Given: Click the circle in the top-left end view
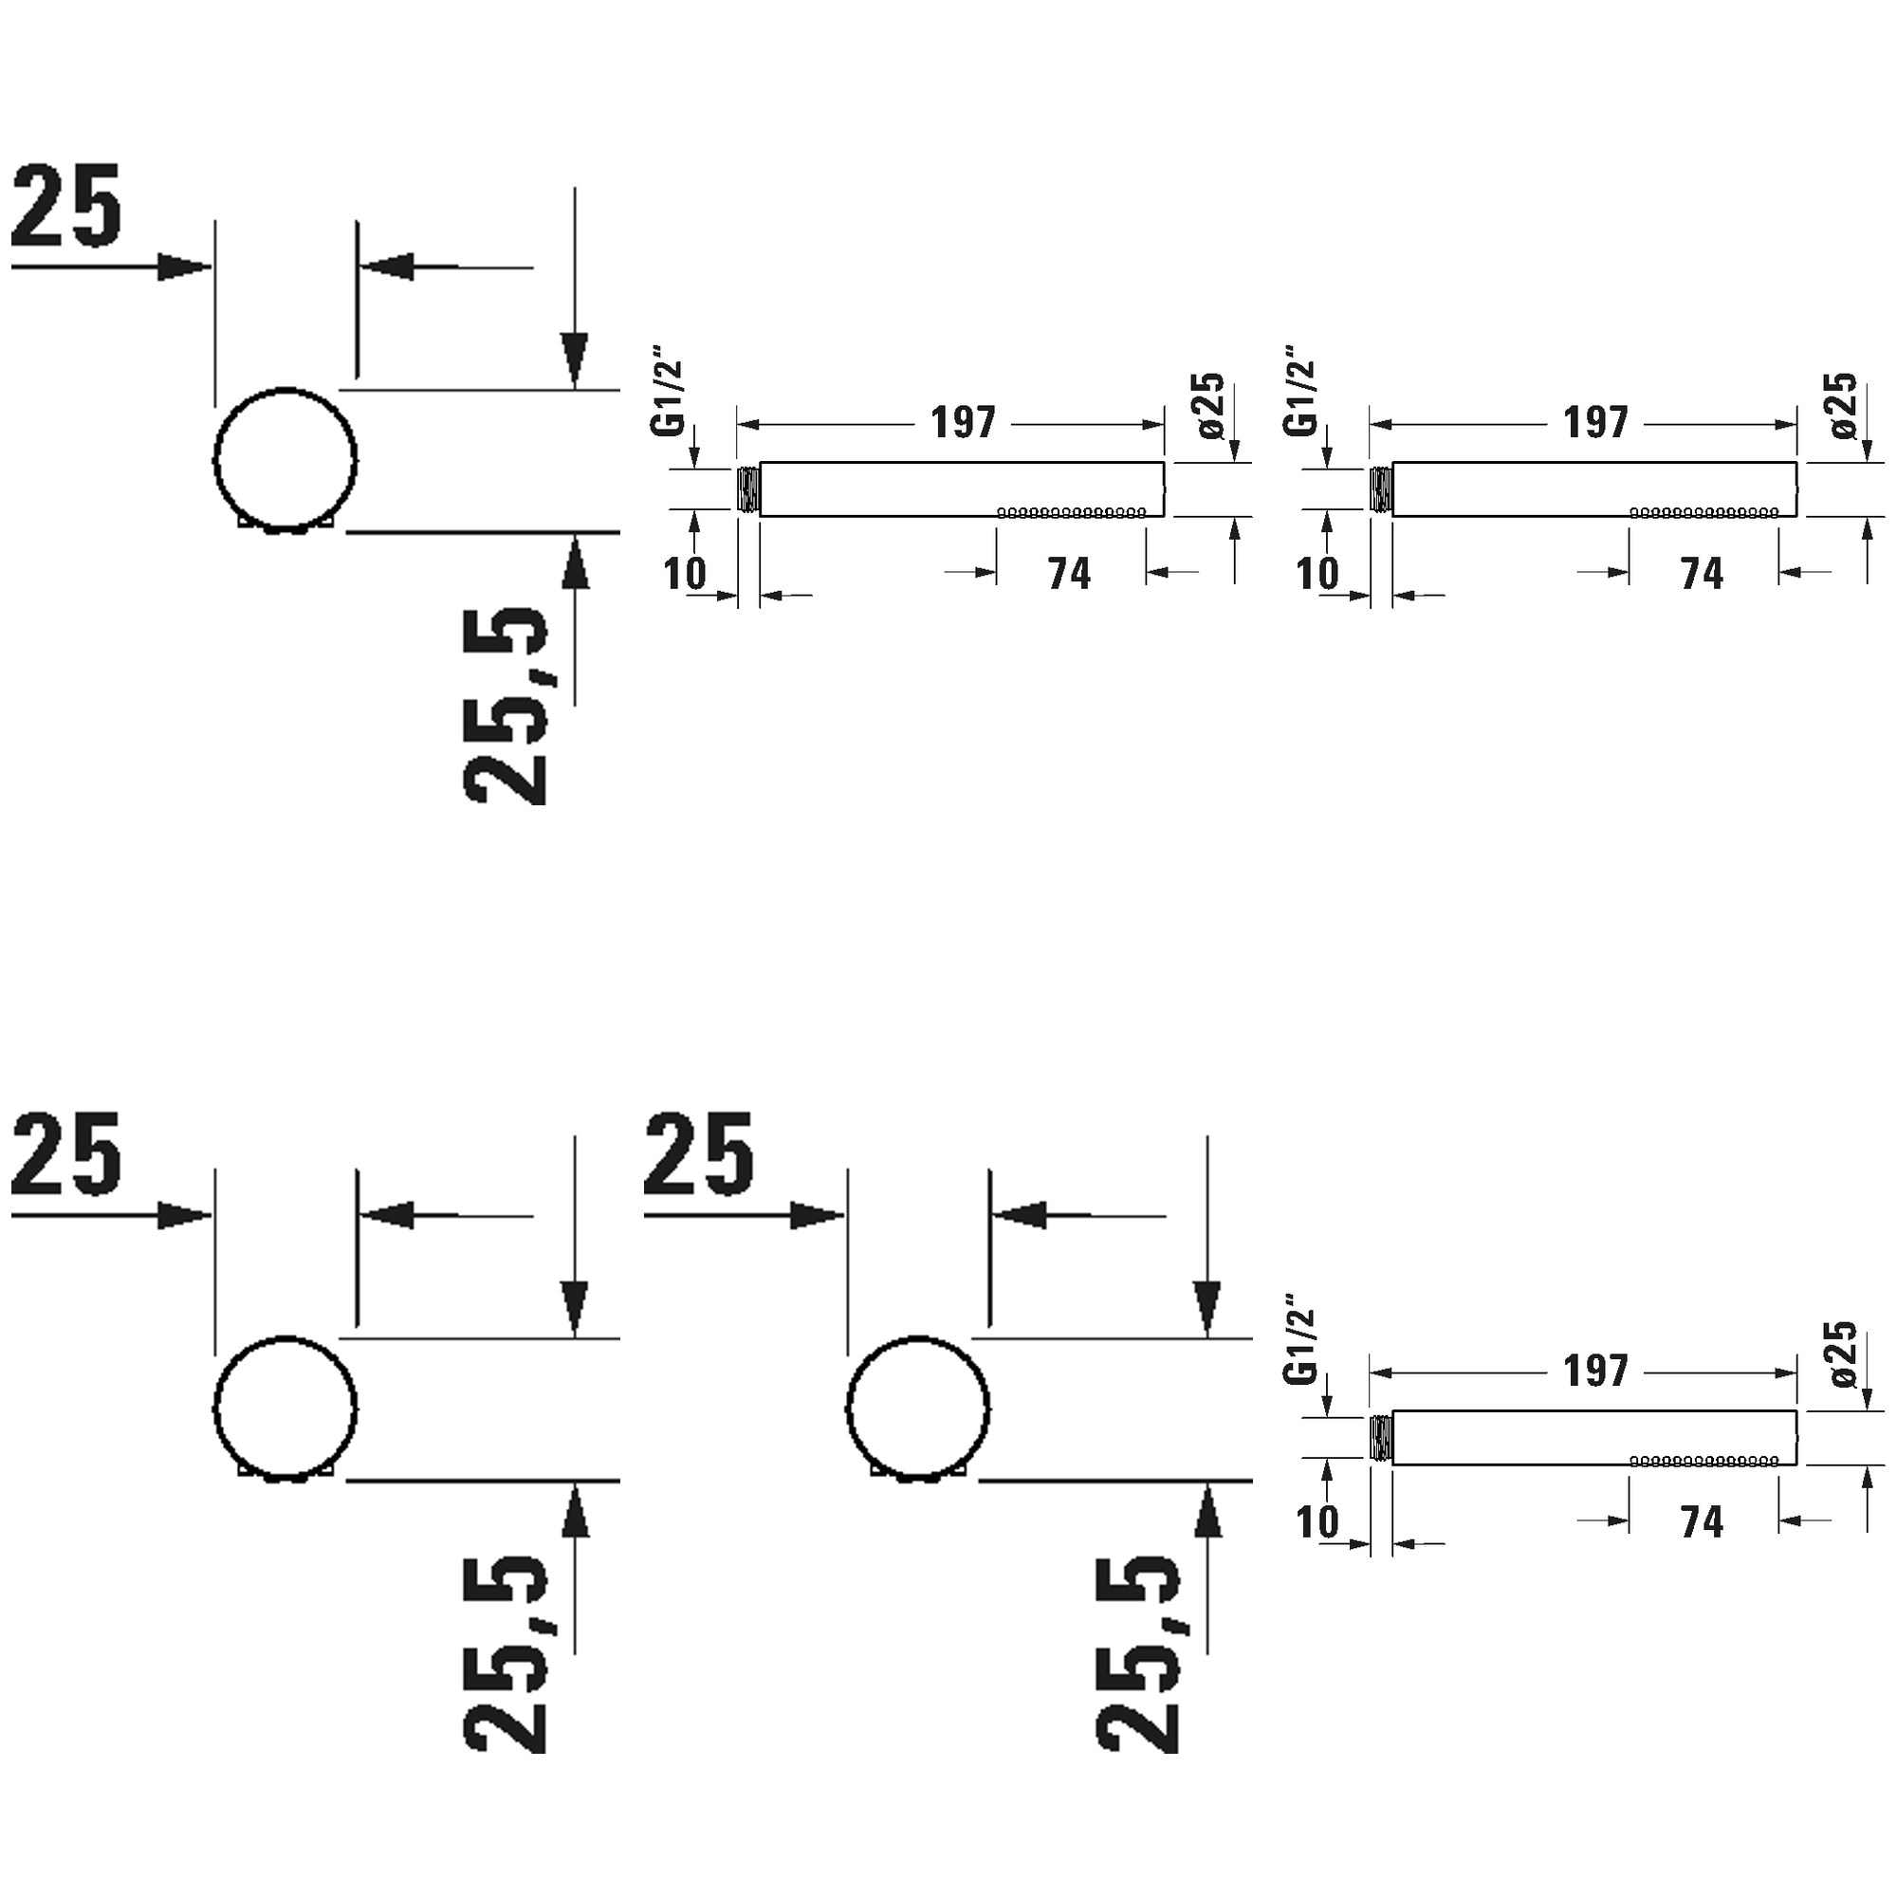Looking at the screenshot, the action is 215,459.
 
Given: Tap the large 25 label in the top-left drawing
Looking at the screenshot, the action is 65,205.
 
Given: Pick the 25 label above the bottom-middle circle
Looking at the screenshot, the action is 698,1154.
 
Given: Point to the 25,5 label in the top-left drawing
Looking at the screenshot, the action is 505,706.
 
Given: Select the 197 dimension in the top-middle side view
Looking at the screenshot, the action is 964,423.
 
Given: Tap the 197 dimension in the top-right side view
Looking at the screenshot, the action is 1595,423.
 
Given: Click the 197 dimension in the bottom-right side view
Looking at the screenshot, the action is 1595,1372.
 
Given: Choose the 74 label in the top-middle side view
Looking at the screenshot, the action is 1069,574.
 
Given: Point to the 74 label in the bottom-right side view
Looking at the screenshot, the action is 1702,1522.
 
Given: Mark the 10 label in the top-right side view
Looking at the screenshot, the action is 1317,574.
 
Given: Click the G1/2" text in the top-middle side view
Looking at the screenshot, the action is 668,390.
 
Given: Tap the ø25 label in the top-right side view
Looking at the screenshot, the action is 1843,405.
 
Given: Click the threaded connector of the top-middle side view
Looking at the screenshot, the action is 748,489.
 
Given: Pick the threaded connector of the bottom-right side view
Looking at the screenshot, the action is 1380,1438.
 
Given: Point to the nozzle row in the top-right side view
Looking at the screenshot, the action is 1704,512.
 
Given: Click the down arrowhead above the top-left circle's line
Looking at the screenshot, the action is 575,360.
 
